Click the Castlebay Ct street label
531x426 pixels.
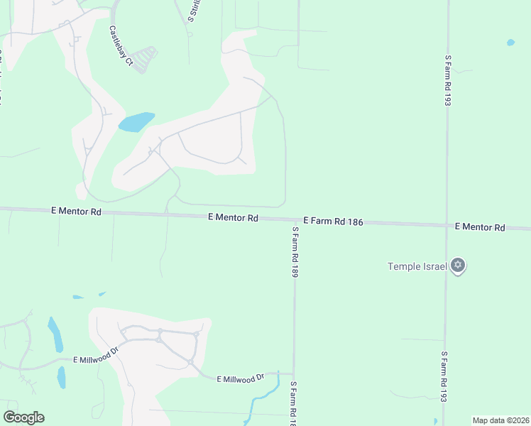[x=121, y=46]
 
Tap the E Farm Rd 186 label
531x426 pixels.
[x=333, y=222]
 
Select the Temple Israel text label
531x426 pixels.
[x=417, y=266]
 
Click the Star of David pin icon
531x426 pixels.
[x=458, y=266]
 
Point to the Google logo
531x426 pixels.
[x=23, y=417]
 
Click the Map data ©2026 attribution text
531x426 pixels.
[x=500, y=420]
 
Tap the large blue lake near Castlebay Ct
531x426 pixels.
[x=136, y=122]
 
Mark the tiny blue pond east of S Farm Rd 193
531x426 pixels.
[x=510, y=43]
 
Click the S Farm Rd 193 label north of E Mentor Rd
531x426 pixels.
[x=448, y=80]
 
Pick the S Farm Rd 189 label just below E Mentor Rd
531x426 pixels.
[x=293, y=251]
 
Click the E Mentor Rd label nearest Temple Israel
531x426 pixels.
[x=479, y=227]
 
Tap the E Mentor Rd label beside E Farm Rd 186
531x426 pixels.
[x=233, y=218]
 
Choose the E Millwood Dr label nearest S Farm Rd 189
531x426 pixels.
[x=240, y=379]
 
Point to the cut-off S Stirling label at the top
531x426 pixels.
[x=191, y=10]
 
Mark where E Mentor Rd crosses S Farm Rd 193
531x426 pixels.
[x=447, y=225]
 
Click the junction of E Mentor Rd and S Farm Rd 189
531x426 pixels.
[x=293, y=221]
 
